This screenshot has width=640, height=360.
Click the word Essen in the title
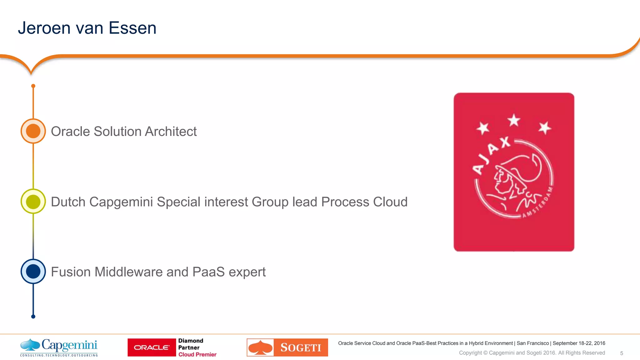[x=132, y=28]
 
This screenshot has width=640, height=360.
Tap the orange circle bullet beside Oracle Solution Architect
[x=33, y=131]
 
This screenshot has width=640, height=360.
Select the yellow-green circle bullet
[x=33, y=202]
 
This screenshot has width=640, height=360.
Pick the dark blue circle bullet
[x=33, y=272]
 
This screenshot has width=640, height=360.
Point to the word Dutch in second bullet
[x=68, y=202]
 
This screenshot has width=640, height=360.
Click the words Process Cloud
[x=364, y=202]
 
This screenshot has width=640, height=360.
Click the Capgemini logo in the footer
[x=59, y=347]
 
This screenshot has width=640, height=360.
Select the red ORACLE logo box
[x=152, y=347]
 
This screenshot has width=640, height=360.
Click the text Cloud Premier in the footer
[x=197, y=354]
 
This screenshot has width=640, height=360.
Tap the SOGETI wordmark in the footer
[x=301, y=347]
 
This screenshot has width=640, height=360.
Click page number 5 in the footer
[x=622, y=353]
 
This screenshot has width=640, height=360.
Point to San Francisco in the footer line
[x=532, y=343]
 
